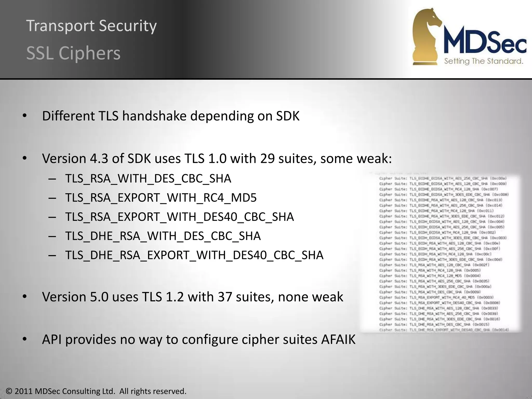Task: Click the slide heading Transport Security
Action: coord(91,26)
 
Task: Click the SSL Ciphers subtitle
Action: coord(74,54)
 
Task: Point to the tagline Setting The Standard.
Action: coord(483,61)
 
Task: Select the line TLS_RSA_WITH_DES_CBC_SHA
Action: coord(148,179)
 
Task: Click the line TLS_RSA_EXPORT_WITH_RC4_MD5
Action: coord(161,198)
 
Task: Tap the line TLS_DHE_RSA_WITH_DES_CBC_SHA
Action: coord(163,236)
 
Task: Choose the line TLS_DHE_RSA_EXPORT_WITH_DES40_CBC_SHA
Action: coord(194,255)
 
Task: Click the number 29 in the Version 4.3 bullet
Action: coord(267,158)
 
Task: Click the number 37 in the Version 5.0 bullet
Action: coord(225,297)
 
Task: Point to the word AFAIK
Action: coord(338,340)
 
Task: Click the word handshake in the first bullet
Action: coord(154,116)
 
